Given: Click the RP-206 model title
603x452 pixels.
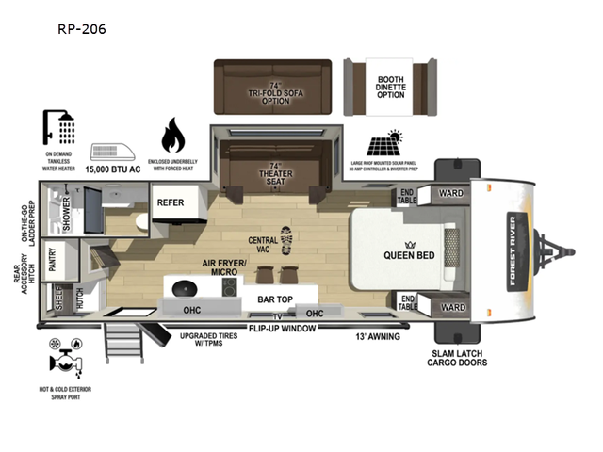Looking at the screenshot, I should [x=82, y=29].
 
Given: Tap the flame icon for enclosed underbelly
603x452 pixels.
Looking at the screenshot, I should [x=173, y=136].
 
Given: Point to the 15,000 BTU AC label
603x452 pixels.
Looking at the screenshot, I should [x=114, y=170].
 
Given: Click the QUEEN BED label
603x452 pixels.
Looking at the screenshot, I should [x=407, y=254].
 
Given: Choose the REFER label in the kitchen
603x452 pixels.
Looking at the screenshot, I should [x=171, y=202].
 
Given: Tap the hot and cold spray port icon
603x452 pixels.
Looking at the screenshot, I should [x=65, y=361].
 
